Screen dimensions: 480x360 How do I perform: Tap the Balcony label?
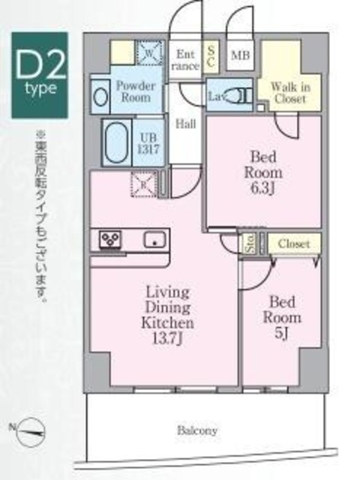tap(197, 430)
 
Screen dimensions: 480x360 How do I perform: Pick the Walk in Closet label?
tap(288, 91)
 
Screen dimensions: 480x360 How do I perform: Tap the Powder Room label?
tap(135, 92)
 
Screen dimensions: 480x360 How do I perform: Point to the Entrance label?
tap(187, 60)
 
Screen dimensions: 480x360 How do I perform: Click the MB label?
tap(240, 54)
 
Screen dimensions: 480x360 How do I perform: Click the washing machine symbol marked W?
tap(147, 53)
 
